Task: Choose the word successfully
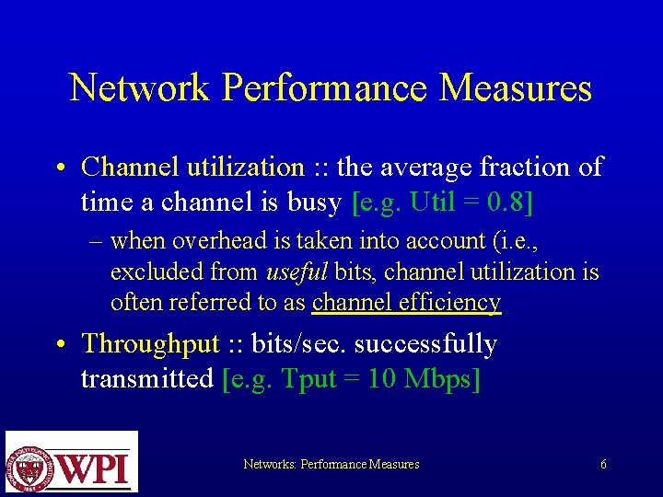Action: pyautogui.click(x=425, y=344)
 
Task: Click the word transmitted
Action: pyautogui.click(x=147, y=378)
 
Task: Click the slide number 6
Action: pyautogui.click(x=603, y=465)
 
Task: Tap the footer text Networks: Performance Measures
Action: pyautogui.click(x=331, y=465)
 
